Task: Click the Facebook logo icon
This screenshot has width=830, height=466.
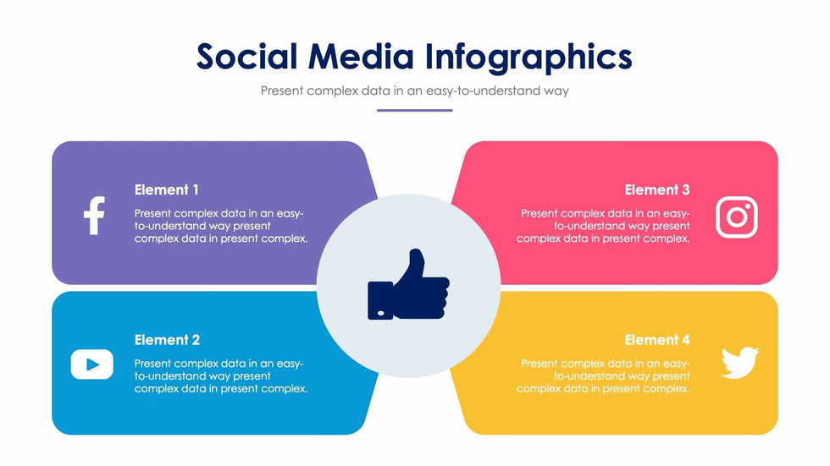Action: [x=94, y=216]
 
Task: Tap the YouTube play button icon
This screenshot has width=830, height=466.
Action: [x=91, y=365]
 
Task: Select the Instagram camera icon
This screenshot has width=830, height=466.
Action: [x=736, y=217]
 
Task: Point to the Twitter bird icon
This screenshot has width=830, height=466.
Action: [x=739, y=362]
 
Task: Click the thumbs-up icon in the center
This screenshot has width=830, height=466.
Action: [x=407, y=286]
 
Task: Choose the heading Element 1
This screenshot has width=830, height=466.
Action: [x=167, y=189]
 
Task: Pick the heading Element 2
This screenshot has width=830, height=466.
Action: [x=167, y=340]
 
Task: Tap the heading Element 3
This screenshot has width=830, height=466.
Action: [x=657, y=189]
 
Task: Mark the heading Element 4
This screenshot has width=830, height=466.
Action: [x=657, y=340]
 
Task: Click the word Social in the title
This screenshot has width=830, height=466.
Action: [x=247, y=57]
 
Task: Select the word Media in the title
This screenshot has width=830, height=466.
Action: [x=362, y=57]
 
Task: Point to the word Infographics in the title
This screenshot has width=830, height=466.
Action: [x=528, y=57]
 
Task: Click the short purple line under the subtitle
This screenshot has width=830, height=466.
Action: [x=414, y=110]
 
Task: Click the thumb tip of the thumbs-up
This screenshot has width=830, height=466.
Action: [x=417, y=254]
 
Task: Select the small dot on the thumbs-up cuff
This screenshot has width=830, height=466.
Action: [x=379, y=314]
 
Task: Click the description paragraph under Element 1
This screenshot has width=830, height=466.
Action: [x=220, y=226]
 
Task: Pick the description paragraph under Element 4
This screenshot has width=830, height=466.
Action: [x=603, y=376]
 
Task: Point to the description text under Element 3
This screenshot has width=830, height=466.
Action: [x=603, y=226]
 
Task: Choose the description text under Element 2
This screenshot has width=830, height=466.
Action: [x=220, y=376]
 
